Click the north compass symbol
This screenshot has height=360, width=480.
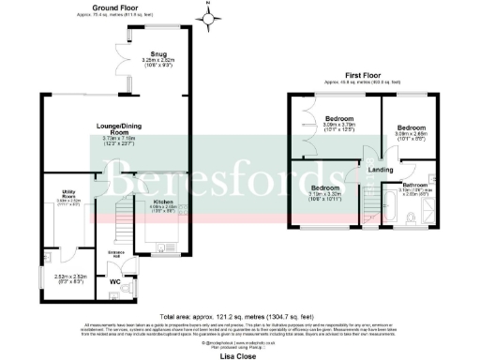click(209, 16)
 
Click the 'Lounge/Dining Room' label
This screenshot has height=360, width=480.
click(117, 128)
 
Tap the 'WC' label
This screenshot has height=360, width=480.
click(115, 282)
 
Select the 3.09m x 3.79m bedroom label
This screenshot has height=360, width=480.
click(339, 119)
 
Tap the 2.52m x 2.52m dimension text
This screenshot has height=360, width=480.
click(69, 277)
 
